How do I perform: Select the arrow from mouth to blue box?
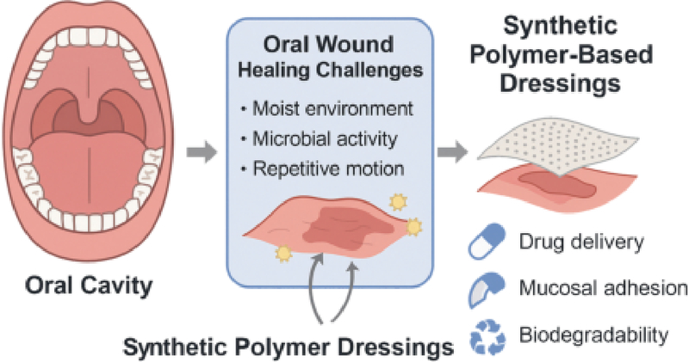point(202,153)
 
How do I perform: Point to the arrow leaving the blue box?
point(448,153)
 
